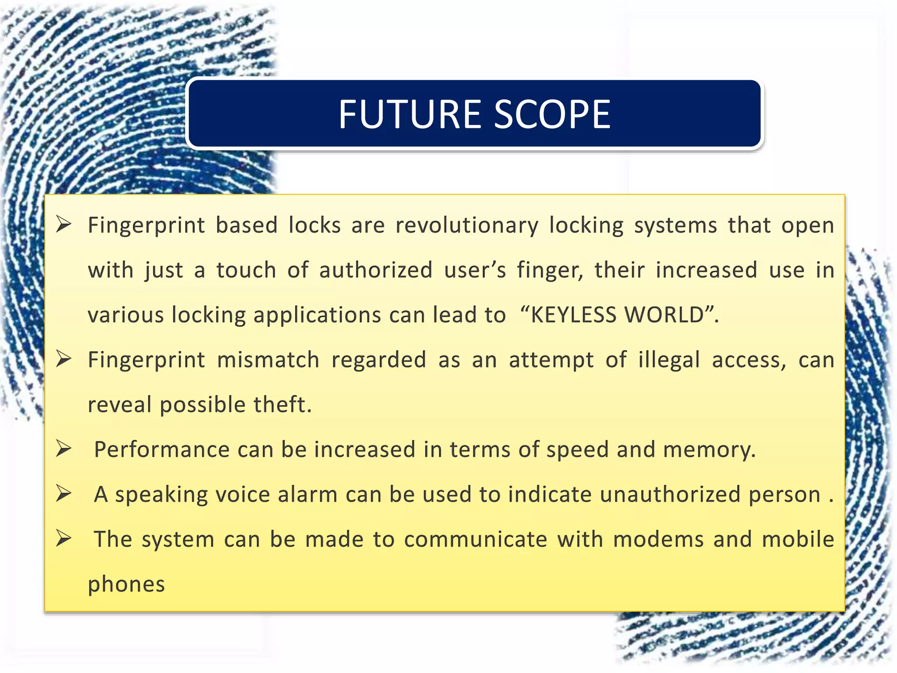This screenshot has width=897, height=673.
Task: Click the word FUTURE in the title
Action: (410, 114)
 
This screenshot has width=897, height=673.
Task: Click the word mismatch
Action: (268, 360)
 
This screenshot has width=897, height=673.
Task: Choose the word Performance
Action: (162, 450)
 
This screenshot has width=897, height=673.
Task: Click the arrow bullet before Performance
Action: (64, 449)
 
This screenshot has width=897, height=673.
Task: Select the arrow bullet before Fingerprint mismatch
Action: (64, 359)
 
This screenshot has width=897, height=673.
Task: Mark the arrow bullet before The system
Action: (64, 538)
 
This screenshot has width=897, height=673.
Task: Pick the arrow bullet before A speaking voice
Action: (64, 494)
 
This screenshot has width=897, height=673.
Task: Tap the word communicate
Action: (475, 540)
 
